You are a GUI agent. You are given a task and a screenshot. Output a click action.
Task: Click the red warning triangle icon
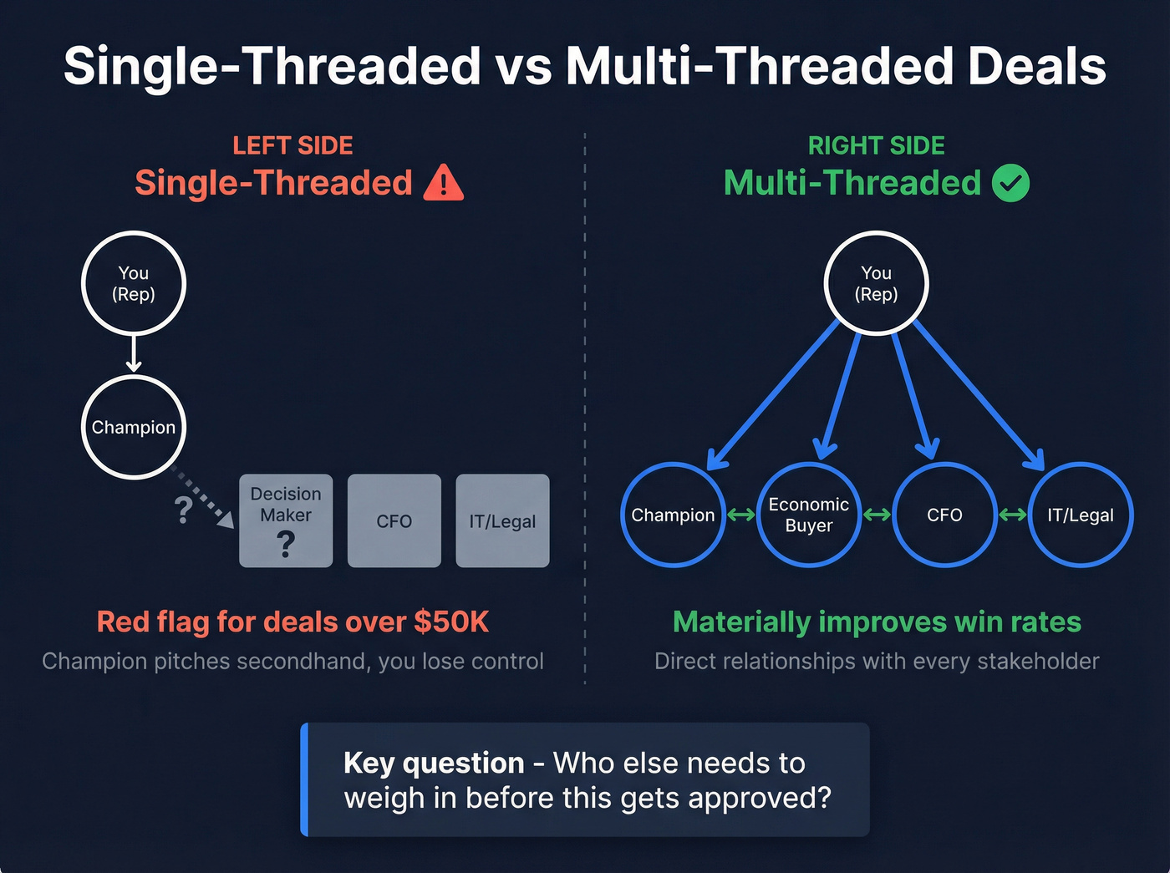point(443,185)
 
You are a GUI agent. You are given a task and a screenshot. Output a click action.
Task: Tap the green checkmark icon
point(1010,183)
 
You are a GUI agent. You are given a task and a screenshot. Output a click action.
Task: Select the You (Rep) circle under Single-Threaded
point(134,283)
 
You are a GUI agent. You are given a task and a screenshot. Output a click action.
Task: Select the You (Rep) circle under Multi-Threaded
point(876,283)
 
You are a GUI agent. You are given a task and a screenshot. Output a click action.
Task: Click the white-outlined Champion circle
point(134,427)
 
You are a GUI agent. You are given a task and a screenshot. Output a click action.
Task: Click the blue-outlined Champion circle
point(673,515)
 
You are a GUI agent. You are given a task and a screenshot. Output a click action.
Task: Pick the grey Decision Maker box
point(286,520)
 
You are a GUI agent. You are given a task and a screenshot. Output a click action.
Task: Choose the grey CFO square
point(394,520)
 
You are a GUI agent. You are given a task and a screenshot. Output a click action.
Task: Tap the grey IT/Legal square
point(502,520)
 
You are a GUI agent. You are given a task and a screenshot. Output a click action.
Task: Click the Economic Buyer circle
point(809,515)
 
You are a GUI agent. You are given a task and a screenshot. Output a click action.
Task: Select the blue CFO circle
point(944,515)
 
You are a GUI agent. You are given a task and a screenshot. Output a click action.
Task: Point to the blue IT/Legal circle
point(1080,515)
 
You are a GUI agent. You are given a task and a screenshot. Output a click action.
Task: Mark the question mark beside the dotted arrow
point(184,509)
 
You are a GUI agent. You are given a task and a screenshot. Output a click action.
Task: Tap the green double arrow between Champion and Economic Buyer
point(741,515)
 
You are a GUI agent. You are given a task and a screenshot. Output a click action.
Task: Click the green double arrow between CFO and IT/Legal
point(1012,515)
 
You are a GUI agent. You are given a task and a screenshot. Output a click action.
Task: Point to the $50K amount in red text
point(451,622)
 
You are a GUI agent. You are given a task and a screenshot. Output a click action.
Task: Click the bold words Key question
point(434,763)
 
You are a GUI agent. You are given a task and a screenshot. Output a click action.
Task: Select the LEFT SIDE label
point(292,145)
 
